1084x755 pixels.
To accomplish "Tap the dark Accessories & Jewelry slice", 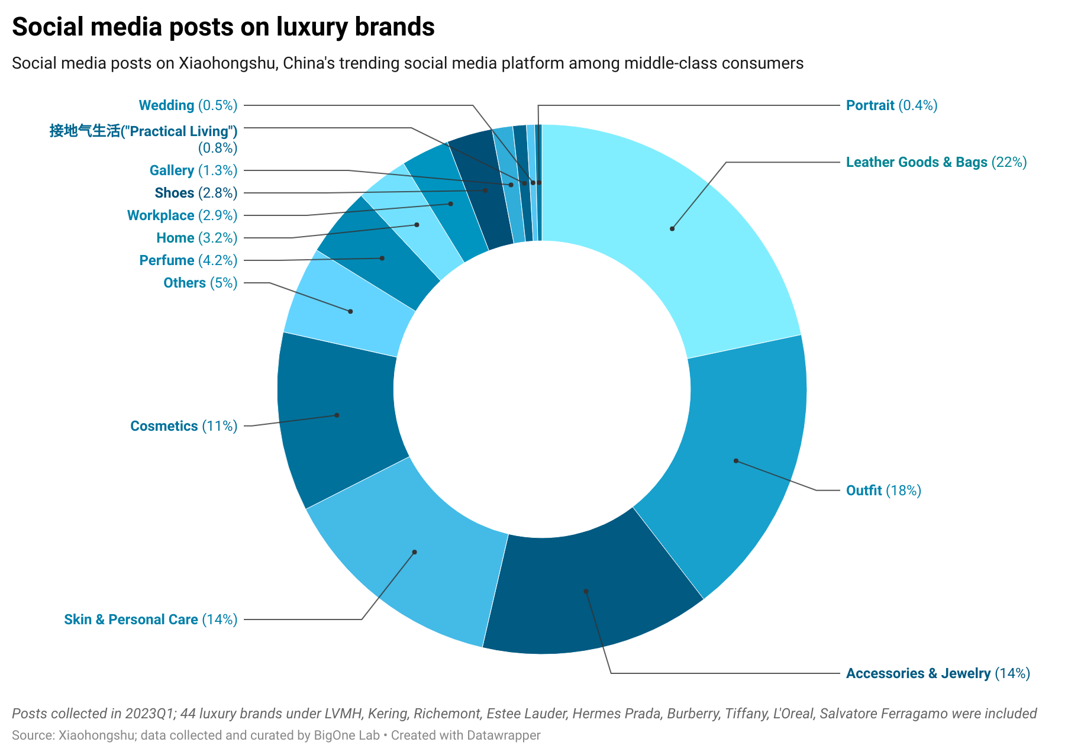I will pyautogui.click(x=586, y=591).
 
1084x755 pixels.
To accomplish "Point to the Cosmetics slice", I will pyautogui.click(x=337, y=415).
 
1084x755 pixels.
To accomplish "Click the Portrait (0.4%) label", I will pyautogui.click(x=891, y=105).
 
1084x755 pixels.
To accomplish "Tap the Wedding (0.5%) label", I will pyautogui.click(x=188, y=105).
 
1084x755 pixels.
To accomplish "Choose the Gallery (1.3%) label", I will pyautogui.click(x=193, y=170).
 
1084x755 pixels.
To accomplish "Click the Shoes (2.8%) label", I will pyautogui.click(x=195, y=193).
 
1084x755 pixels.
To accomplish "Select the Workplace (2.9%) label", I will pyautogui.click(x=182, y=215).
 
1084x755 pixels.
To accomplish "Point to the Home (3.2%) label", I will pyautogui.click(x=196, y=238).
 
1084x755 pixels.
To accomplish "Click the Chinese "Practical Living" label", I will pyautogui.click(x=143, y=131).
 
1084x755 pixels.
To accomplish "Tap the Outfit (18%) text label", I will pyautogui.click(x=883, y=491).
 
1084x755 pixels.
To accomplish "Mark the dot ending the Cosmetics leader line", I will pyautogui.click(x=337, y=415).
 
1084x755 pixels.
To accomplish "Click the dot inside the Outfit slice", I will pyautogui.click(x=736, y=460).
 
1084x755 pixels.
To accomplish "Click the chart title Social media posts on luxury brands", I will pyautogui.click(x=223, y=27).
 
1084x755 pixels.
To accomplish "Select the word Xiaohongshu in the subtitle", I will pyautogui.click(x=227, y=63).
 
